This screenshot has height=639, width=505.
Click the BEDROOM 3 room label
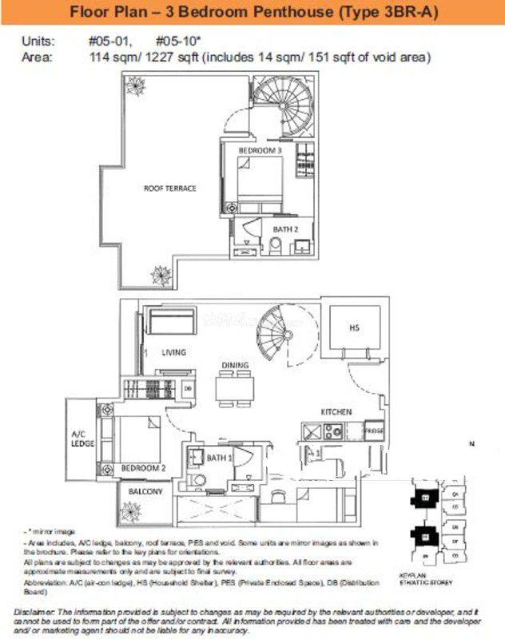point(260,150)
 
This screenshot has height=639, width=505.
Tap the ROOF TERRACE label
point(169,189)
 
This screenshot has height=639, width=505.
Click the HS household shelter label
point(354,328)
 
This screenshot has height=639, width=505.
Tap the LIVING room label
point(173,352)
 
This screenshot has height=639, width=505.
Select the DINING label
point(235,365)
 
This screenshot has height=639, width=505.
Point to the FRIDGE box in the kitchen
point(373,431)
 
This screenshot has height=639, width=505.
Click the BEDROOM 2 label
point(143,468)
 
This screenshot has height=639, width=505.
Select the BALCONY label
point(144,491)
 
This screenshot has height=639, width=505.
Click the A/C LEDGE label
point(83,439)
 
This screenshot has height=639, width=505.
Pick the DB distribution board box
point(188,389)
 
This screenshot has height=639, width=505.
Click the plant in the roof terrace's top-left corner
point(133,85)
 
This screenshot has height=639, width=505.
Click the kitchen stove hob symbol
point(332,431)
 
